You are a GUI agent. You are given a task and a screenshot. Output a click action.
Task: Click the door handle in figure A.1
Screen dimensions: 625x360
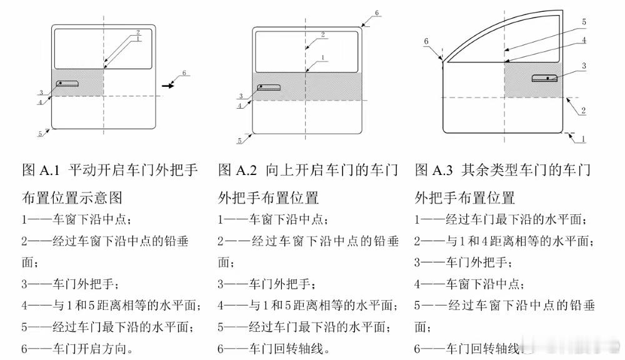(x=67, y=83)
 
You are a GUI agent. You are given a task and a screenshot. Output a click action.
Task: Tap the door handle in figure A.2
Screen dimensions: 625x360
(x=269, y=87)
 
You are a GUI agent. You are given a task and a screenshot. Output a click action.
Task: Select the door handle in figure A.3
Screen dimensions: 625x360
(x=544, y=77)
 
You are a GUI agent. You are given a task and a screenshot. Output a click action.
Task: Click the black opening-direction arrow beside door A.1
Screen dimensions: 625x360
(x=168, y=85)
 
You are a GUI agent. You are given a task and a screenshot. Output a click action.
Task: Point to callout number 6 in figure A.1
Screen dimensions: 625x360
(x=184, y=73)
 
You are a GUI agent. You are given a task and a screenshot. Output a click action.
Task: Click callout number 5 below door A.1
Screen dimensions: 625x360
(x=40, y=134)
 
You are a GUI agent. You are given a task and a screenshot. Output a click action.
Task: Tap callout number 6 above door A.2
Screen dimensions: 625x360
(x=377, y=13)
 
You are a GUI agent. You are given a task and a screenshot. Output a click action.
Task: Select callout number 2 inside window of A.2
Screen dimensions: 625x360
(x=323, y=34)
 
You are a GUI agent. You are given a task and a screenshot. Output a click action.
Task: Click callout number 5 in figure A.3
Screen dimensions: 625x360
(x=584, y=22)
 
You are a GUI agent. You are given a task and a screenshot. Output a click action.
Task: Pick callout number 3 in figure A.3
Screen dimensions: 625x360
(x=584, y=66)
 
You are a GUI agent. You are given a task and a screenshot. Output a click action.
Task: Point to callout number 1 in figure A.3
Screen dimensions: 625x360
(x=583, y=139)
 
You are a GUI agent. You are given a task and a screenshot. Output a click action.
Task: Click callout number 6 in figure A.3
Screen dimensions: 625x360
(x=426, y=41)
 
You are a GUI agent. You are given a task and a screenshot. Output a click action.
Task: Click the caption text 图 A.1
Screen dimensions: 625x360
(x=41, y=170)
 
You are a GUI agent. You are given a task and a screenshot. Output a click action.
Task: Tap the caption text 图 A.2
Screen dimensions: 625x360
(x=237, y=170)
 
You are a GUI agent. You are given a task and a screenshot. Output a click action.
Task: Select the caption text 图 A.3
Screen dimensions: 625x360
(x=434, y=170)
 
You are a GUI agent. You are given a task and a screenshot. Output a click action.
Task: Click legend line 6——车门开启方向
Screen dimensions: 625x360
(x=77, y=349)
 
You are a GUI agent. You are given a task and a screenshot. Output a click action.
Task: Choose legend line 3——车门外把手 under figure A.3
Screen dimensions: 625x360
(x=464, y=262)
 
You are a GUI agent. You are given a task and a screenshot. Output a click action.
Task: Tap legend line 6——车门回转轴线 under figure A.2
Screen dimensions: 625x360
(x=274, y=349)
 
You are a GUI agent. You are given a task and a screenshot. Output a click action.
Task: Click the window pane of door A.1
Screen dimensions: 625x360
(x=103, y=49)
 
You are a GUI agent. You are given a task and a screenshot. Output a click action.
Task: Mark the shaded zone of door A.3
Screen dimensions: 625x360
(x=534, y=80)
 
